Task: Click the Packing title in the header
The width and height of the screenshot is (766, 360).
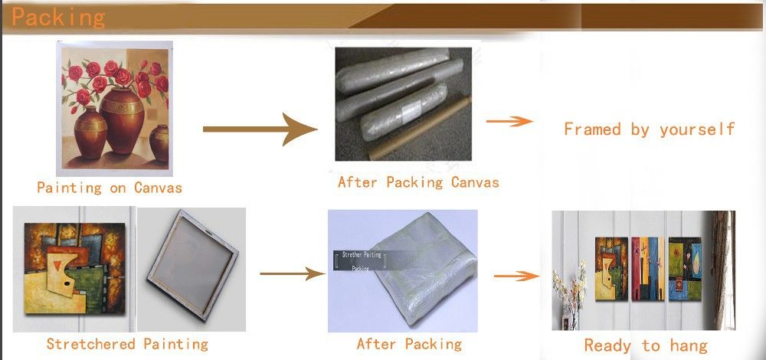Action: pos(58,17)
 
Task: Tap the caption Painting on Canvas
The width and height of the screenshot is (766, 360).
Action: pos(110,187)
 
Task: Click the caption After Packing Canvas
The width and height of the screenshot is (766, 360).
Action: pos(418,182)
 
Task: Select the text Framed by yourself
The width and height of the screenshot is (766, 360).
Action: pos(649,129)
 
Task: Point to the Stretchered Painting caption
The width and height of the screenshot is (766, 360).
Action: pos(127,344)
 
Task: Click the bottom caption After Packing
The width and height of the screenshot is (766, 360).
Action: pos(409,344)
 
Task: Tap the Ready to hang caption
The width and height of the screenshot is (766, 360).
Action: pos(646,345)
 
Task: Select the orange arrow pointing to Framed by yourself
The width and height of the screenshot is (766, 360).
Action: pos(509,121)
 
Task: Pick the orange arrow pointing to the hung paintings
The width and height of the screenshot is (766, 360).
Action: pos(513,275)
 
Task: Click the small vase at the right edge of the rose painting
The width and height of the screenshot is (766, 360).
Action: pos(159,146)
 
